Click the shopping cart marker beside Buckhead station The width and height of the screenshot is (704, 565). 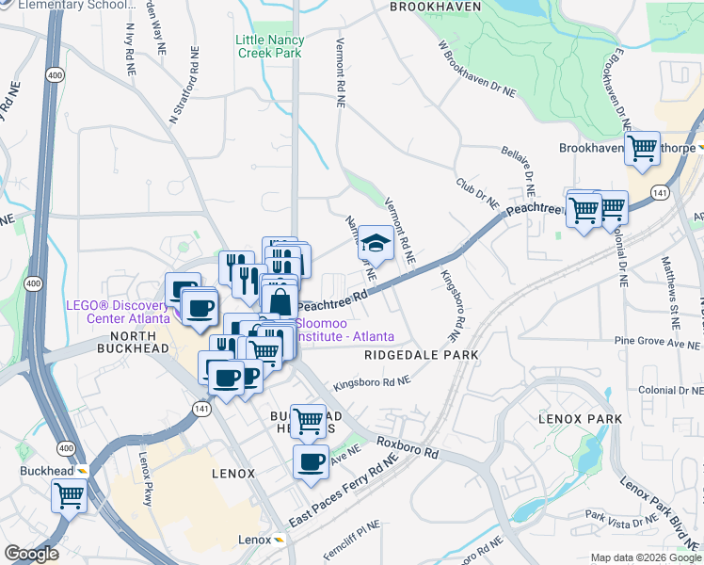[x=70, y=494]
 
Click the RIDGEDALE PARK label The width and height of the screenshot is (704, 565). [x=421, y=355]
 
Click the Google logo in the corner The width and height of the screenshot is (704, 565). [x=31, y=554]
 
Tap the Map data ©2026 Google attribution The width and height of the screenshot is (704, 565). [x=645, y=557]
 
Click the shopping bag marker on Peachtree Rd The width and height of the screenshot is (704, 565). [x=280, y=303]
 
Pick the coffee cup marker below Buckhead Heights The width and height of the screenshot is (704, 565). [x=312, y=461]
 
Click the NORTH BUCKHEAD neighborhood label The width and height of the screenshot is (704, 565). [x=139, y=342]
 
